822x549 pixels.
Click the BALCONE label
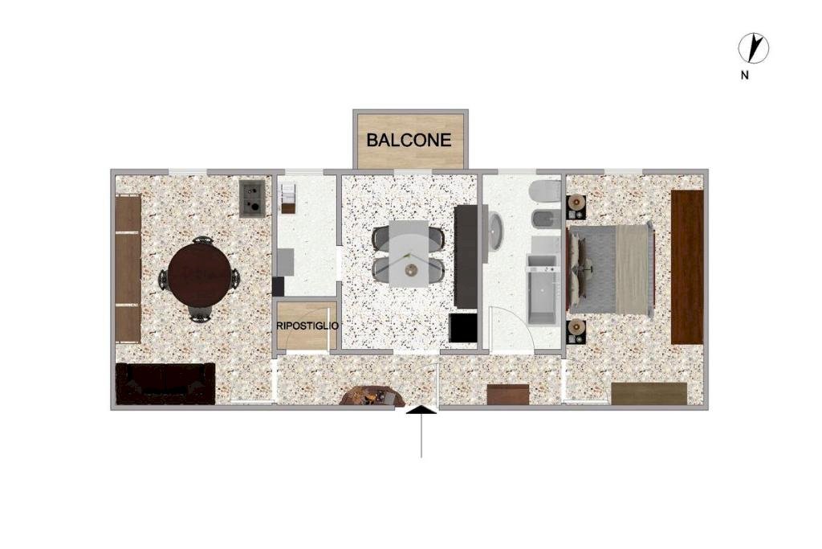coord(409,140)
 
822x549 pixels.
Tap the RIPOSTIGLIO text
coord(307,326)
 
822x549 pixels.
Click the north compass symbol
coord(753,48)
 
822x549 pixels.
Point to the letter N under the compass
coord(744,75)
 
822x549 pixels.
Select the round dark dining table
coord(199,275)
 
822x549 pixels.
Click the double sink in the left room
coord(253,199)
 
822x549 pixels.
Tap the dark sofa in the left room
coord(165,383)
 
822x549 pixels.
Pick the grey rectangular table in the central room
coord(409,253)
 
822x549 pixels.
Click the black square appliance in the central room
coord(463,327)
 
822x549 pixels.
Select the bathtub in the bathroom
coord(542,289)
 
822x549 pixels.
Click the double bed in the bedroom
coord(611,268)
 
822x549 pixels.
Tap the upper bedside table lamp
coord(576,201)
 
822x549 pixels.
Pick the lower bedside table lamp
coord(576,327)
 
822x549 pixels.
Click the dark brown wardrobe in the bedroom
coord(687,267)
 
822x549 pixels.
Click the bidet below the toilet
coord(546,219)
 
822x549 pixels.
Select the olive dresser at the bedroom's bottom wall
coord(649,394)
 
